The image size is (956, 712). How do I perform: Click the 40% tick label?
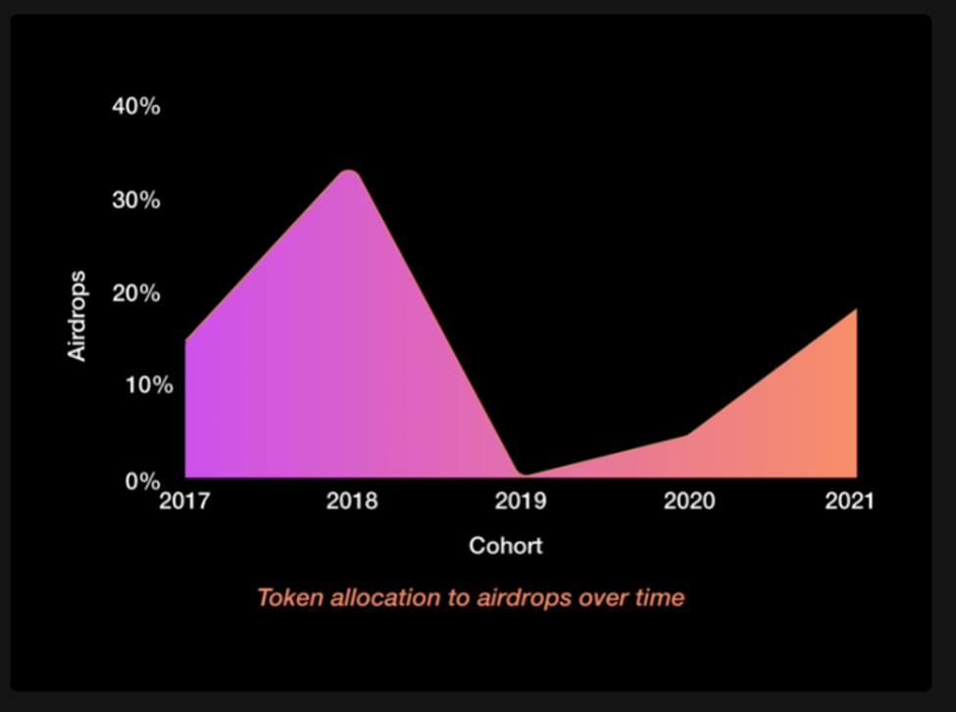136,107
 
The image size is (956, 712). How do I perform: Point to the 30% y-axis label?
136,200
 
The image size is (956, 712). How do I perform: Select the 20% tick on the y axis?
136,293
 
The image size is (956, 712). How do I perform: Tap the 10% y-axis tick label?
149,385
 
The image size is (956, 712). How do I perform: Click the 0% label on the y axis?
143,482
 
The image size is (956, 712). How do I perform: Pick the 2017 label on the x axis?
184,501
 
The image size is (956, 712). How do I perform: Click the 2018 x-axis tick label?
352,501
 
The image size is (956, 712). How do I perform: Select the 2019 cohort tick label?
521,501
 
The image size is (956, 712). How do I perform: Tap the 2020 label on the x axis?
689,501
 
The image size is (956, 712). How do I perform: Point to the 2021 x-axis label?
849,501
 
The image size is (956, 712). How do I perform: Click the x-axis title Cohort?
505,545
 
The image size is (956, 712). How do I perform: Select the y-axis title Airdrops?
76,316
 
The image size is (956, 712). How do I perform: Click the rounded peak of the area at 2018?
349,172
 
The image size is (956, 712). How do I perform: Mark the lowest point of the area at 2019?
525,475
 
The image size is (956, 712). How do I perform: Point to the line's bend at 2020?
687,434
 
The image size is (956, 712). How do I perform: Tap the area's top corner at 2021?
857,309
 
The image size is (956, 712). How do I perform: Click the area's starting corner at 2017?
185,340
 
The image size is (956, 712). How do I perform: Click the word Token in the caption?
290,598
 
